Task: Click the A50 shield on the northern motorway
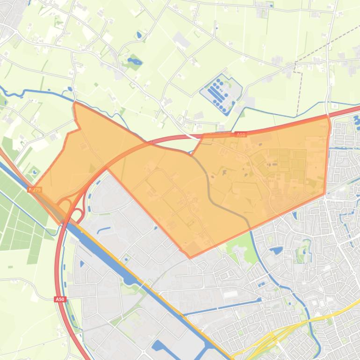[240, 135]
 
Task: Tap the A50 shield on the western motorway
[60, 299]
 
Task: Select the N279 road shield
[35, 189]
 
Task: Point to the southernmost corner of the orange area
[190, 257]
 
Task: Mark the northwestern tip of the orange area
[74, 103]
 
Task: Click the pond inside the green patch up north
[132, 61]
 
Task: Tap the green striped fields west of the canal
[19, 220]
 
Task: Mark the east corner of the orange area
[325, 193]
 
